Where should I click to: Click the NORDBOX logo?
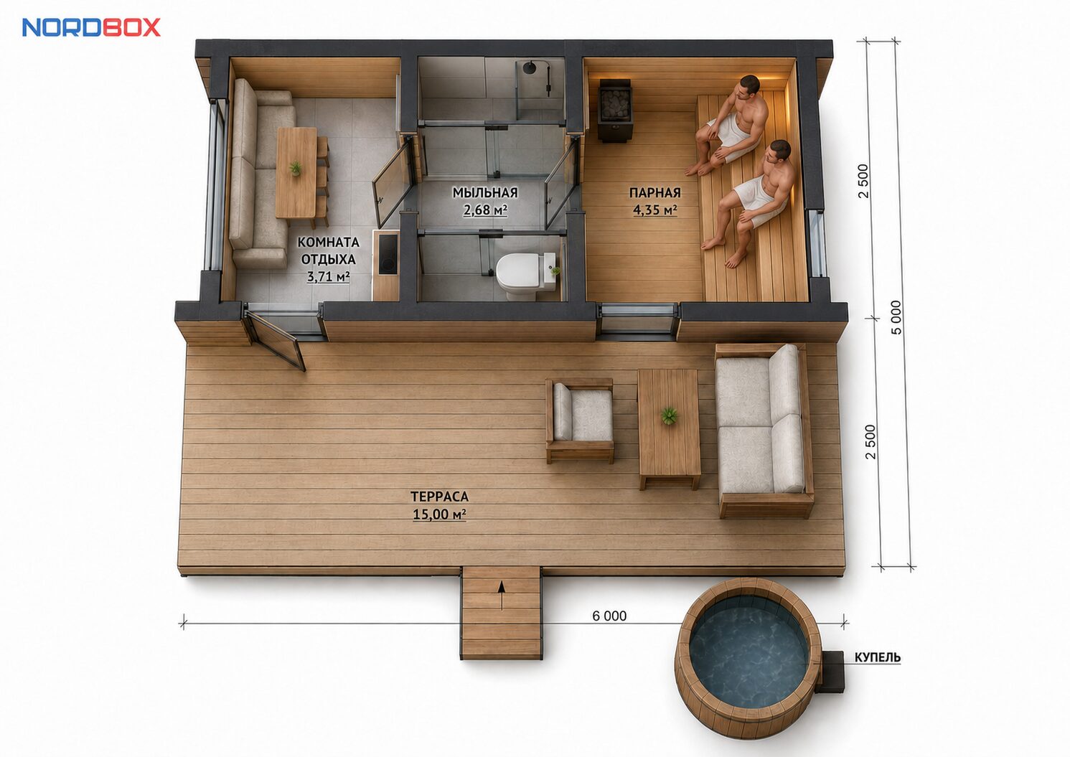point(91,27)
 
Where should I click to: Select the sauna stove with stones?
point(615,111)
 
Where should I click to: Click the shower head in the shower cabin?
point(530,67)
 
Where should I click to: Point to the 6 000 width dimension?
point(609,616)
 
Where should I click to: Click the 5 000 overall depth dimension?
point(896,317)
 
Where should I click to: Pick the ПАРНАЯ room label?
point(654,192)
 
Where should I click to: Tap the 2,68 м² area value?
point(485,210)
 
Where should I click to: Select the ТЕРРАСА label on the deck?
point(439,497)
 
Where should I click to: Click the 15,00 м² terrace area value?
point(439,514)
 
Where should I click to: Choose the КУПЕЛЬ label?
point(878,658)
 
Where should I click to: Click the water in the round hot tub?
point(748,659)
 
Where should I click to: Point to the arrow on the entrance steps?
point(501,595)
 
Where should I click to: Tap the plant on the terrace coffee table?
point(669,415)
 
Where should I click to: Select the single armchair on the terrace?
point(580,420)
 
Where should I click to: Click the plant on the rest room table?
point(295,168)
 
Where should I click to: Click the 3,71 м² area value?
point(328,276)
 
